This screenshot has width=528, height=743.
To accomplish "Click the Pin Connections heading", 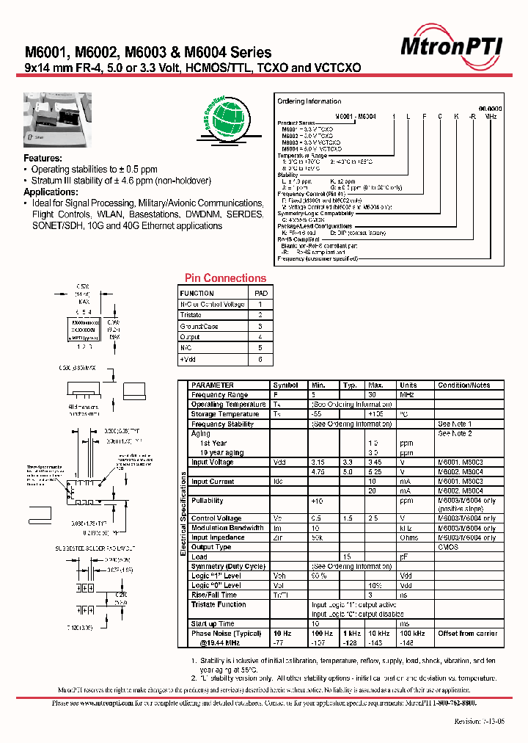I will [225, 278].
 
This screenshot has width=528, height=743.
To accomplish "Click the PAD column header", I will [260, 292].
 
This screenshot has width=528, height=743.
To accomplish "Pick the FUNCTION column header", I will [197, 292].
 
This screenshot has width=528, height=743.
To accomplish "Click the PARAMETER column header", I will [213, 385].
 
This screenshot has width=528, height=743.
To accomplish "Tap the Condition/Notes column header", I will [464, 385].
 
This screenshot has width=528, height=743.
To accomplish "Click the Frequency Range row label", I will [219, 394].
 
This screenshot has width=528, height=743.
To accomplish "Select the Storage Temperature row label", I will [225, 414].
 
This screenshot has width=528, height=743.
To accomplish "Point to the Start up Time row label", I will [213, 623].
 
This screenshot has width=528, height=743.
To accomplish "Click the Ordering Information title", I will [309, 101].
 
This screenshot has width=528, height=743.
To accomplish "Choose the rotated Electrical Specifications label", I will [183, 514].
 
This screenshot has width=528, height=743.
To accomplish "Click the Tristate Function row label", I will [219, 604].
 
